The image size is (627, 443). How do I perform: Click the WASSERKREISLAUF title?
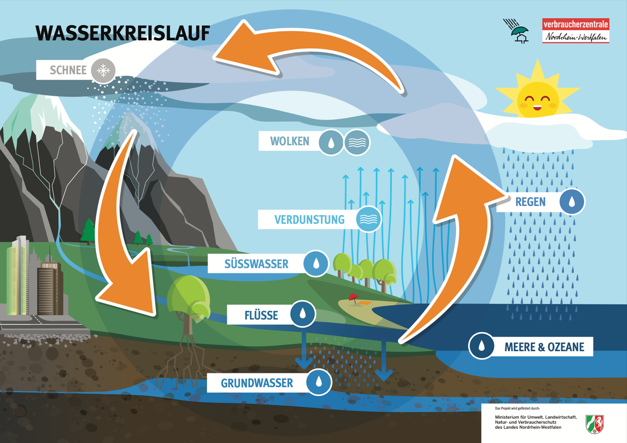coord(123,33)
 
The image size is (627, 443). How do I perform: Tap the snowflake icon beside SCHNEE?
coord(104,71)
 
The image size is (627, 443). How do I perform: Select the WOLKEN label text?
coord(290,142)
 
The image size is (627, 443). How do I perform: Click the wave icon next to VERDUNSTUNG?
coord(368,219)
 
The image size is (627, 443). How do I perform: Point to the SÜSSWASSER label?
coord(256,264)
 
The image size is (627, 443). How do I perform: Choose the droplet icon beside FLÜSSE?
coord(303,314)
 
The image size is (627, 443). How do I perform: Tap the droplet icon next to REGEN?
coord(572,201)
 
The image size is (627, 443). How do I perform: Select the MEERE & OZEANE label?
coord(544,348)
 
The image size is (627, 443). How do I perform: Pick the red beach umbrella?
coord(353,297)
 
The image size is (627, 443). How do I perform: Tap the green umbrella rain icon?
coord(518,31)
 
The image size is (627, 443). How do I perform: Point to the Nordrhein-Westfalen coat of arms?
coord(594,424)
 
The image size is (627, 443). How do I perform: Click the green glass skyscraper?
coord(17,276)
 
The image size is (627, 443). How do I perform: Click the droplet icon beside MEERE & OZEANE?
coord(481,346)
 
